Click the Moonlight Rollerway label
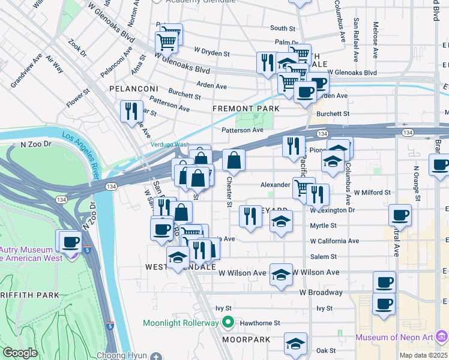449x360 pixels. [181, 323]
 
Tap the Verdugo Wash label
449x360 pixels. [170, 145]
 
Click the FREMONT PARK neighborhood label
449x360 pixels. [246, 109]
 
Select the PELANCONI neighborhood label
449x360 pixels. [133, 88]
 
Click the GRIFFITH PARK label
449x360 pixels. [30, 295]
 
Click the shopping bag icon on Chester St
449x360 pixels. [234, 160]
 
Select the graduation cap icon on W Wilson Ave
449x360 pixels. [280, 274]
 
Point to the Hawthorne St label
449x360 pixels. [260, 322]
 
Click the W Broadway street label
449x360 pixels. [322, 292]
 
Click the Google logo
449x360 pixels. [20, 352]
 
